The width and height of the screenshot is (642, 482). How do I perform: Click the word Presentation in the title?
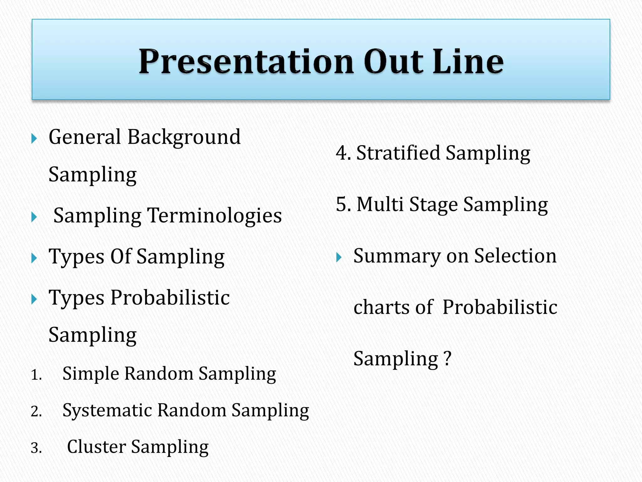tap(246, 62)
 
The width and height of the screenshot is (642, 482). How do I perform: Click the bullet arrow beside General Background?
tap(34, 138)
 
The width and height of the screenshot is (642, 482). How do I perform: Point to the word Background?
tap(184, 137)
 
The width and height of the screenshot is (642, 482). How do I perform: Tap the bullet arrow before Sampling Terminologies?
tap(34, 217)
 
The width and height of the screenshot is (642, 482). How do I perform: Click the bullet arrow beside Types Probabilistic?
tap(34, 299)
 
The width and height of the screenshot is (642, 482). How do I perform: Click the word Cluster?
tap(96, 447)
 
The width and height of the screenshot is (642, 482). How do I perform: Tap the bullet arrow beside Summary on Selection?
tap(339, 257)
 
